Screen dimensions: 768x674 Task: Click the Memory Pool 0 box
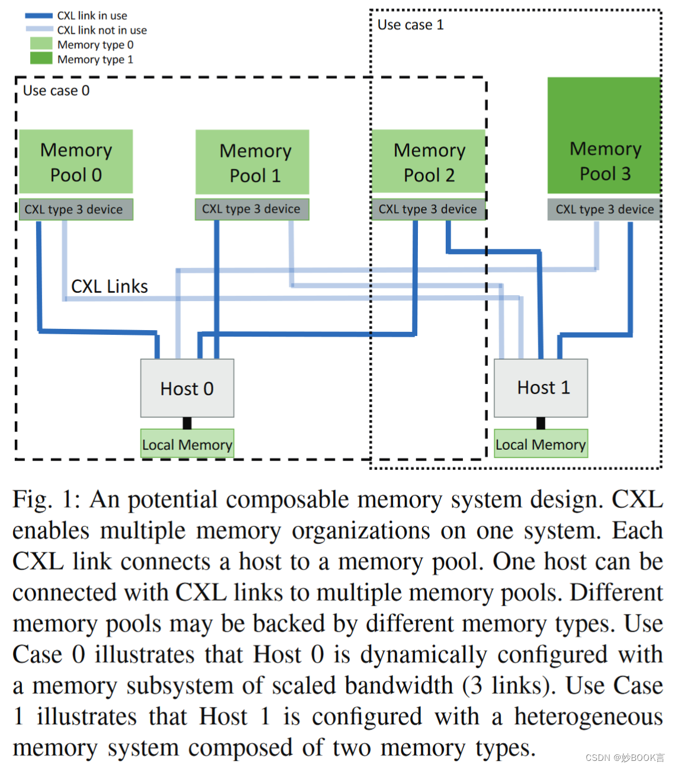[76, 162]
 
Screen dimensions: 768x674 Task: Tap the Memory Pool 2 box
[429, 162]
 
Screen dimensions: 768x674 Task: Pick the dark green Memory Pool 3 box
[604, 136]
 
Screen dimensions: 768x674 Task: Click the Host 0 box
[187, 388]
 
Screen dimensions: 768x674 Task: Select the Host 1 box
[541, 388]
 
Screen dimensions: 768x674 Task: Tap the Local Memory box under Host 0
[187, 444]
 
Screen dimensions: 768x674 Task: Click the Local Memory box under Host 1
[541, 444]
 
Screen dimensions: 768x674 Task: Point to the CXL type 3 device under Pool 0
[76, 209]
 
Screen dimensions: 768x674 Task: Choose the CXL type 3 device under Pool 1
[252, 209]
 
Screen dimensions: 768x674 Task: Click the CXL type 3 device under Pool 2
[428, 209]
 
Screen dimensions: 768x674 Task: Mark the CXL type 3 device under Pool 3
[604, 209]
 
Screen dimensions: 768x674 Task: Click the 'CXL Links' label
[109, 286]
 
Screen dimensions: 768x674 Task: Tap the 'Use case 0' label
[56, 91]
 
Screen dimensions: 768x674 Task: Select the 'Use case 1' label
[410, 25]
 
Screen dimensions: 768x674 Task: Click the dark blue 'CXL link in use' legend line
[39, 16]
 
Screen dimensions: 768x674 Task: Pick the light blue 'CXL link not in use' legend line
[39, 30]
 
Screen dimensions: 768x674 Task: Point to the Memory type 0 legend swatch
[41, 44]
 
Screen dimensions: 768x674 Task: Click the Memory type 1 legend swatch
[41, 58]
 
